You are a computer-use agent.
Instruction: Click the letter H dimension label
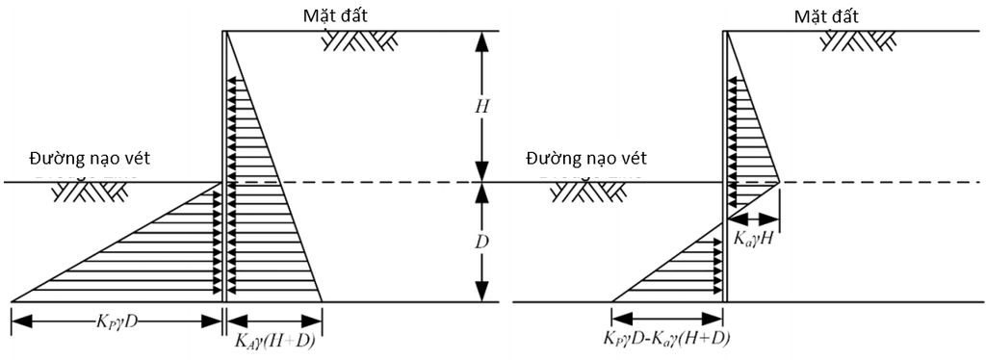pos(481,107)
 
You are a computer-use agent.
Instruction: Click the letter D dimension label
pos(481,242)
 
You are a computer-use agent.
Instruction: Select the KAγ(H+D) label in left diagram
pos(274,342)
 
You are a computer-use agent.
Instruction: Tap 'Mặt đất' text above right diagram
pos(825,14)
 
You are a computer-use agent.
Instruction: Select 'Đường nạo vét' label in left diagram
pos(90,158)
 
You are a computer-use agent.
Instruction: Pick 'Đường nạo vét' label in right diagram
pos(586,158)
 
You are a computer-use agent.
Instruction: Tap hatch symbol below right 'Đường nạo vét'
pos(586,193)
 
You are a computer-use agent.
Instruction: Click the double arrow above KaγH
pos(753,220)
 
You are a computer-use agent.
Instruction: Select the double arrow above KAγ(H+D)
pos(274,321)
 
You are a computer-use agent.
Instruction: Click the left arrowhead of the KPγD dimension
pos(20,321)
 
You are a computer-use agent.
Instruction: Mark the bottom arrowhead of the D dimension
pos(481,292)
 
